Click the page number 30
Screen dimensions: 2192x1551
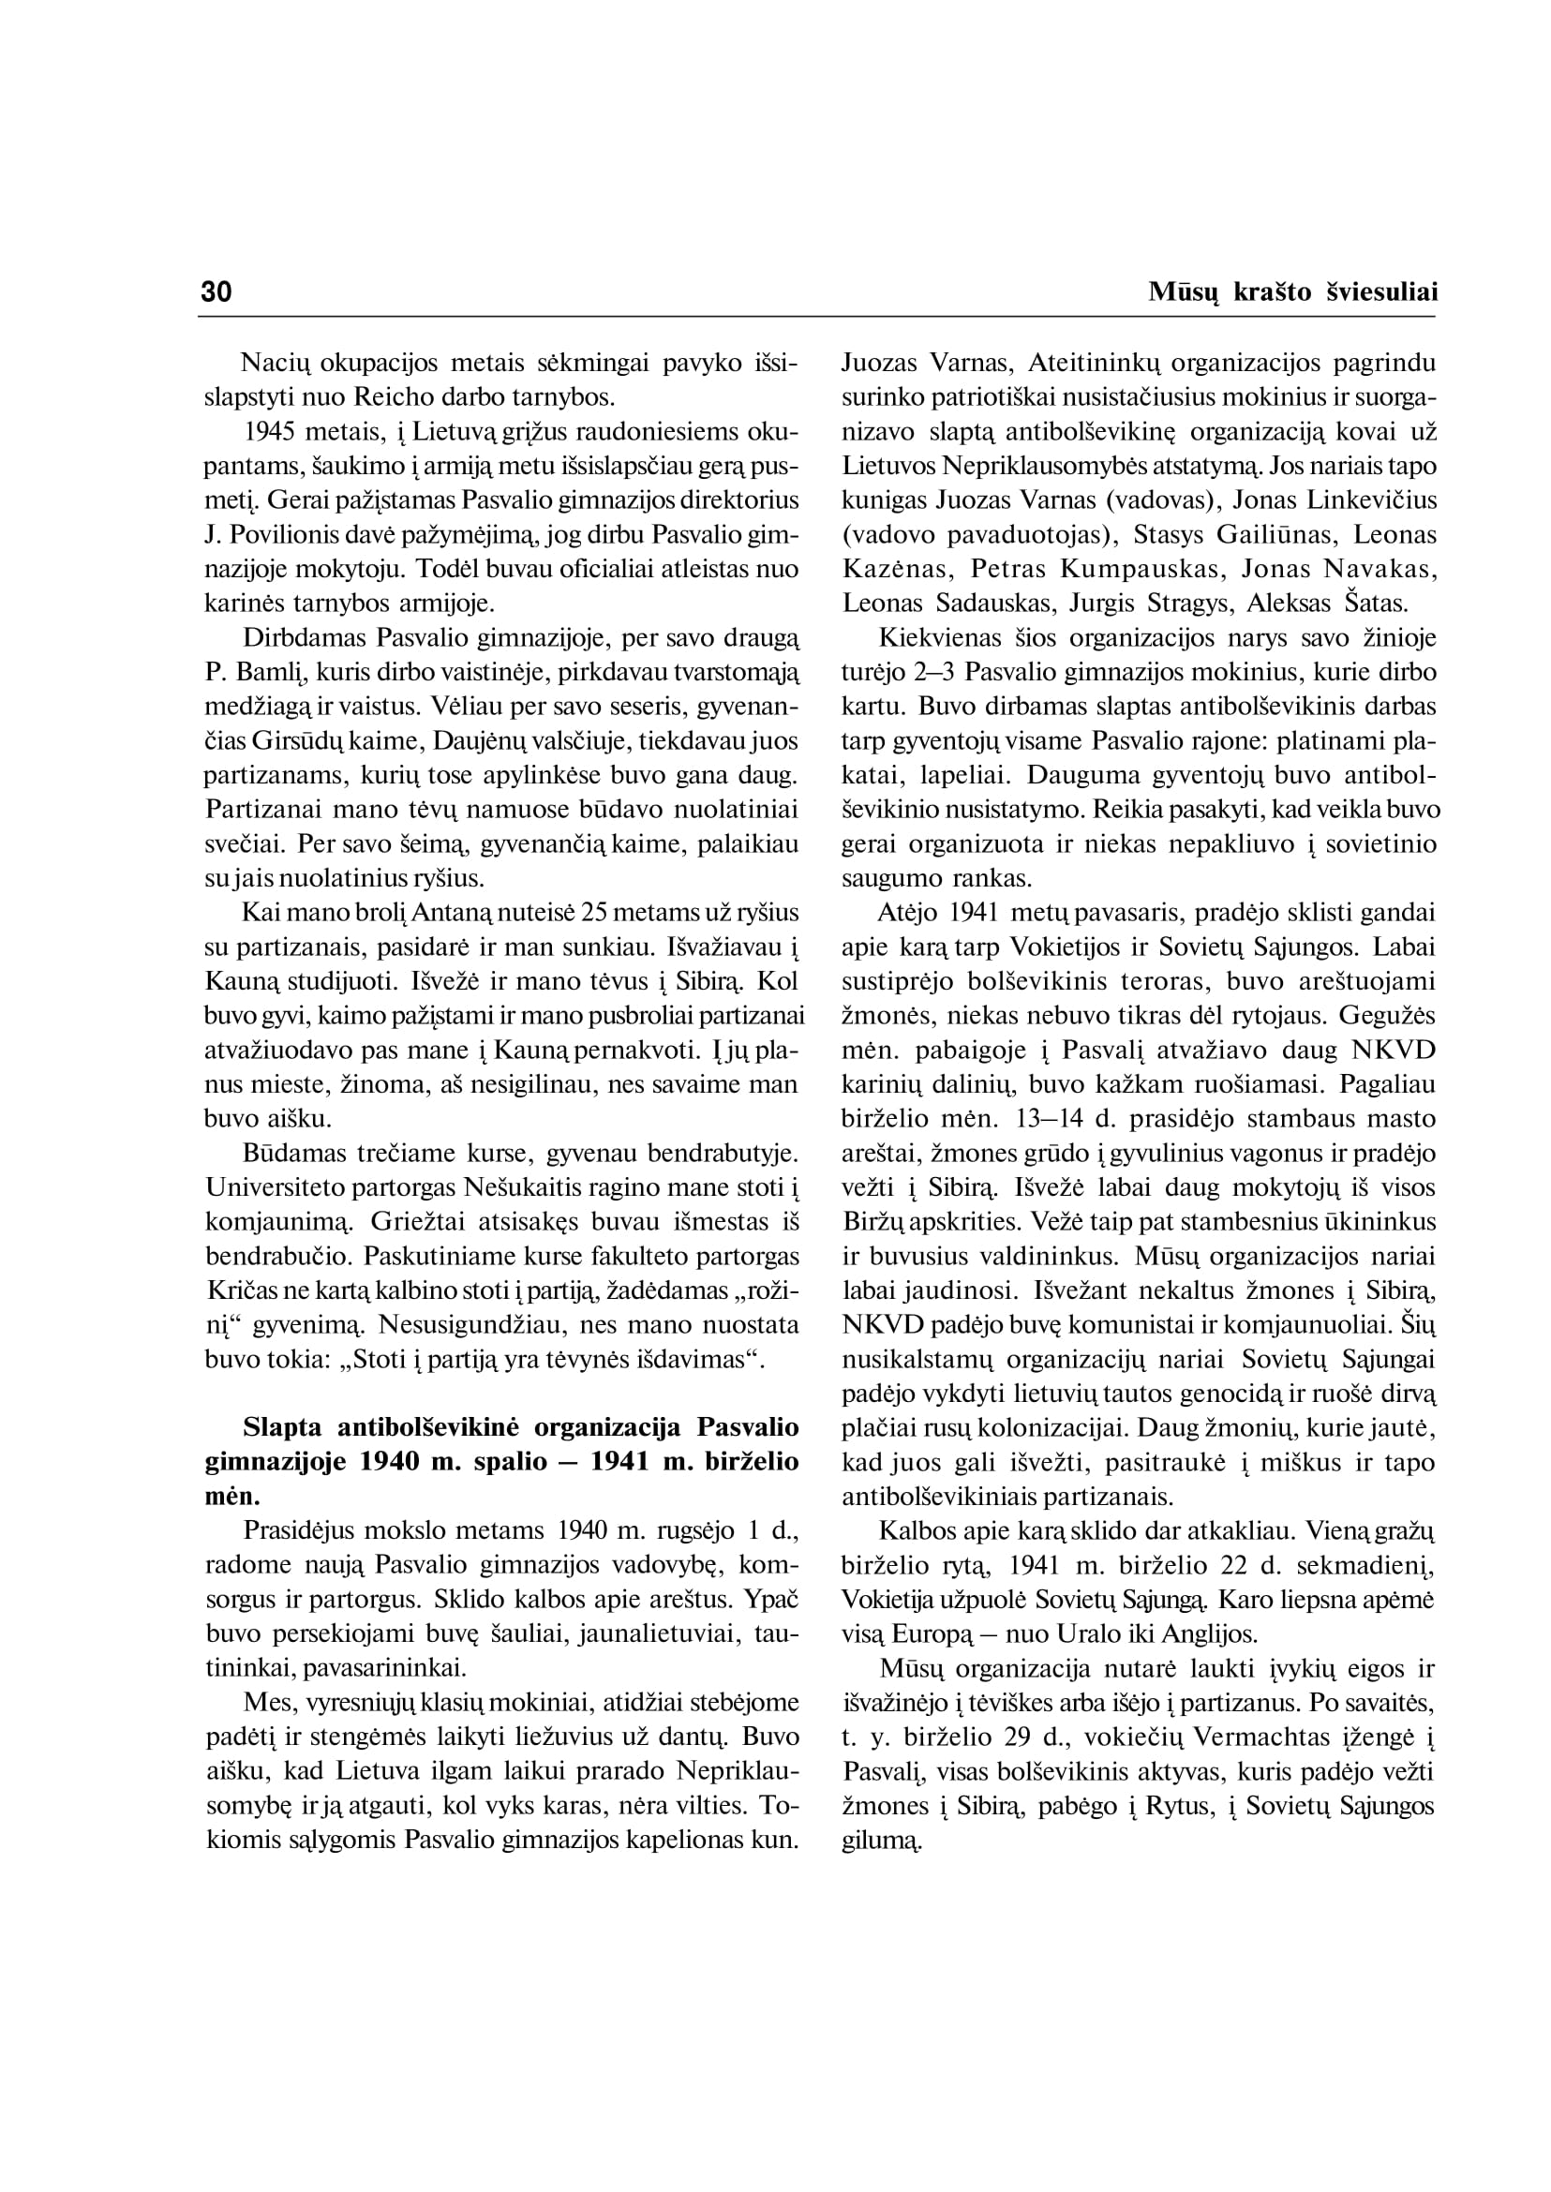click(216, 292)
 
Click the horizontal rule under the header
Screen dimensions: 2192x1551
click(817, 316)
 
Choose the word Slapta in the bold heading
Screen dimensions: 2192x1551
click(283, 1428)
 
